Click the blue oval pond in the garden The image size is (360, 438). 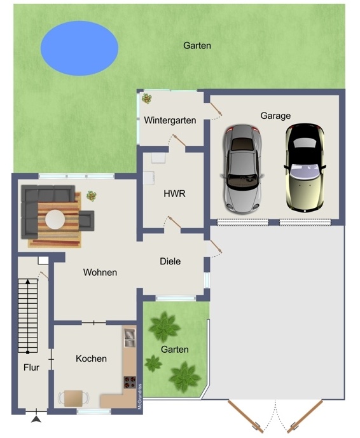pyautogui.click(x=80, y=48)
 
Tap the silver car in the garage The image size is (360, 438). pyautogui.click(x=242, y=168)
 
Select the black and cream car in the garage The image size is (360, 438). pyautogui.click(x=305, y=168)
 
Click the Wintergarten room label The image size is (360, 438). pyautogui.click(x=170, y=120)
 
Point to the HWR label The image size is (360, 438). pyautogui.click(x=174, y=194)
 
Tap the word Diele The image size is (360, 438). pyautogui.click(x=170, y=261)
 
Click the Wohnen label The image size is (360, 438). pyautogui.click(x=100, y=272)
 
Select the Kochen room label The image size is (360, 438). pyautogui.click(x=91, y=359)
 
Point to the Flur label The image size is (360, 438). pyautogui.click(x=31, y=367)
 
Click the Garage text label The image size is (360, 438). pyautogui.click(x=275, y=116)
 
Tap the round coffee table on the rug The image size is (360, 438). pyautogui.click(x=55, y=219)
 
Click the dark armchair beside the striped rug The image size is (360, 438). pyautogui.click(x=87, y=221)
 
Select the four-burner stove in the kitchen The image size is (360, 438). pyautogui.click(x=130, y=383)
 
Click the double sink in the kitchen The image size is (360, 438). pyautogui.click(x=130, y=338)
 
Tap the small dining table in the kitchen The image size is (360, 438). pyautogui.click(x=74, y=399)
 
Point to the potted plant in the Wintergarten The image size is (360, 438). pyautogui.click(x=147, y=99)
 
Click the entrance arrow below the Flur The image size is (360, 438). pyautogui.click(x=36, y=419)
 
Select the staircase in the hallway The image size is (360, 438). pyautogui.click(x=28, y=316)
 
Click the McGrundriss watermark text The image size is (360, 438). pyautogui.click(x=140, y=397)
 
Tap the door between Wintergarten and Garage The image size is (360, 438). pyautogui.click(x=216, y=109)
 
